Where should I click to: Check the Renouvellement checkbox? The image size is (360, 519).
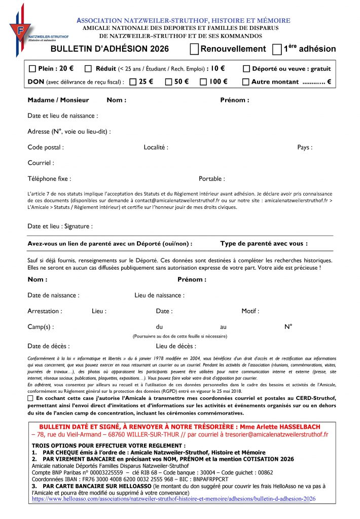(x=194, y=49)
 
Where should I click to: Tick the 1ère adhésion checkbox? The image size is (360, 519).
(x=277, y=49)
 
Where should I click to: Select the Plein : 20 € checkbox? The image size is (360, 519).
(x=33, y=69)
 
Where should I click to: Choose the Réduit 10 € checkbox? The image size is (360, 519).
(x=88, y=69)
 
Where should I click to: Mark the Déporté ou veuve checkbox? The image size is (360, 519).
(x=246, y=69)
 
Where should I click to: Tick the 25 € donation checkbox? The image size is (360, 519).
(x=133, y=82)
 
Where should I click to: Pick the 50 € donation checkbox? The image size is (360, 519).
(x=168, y=82)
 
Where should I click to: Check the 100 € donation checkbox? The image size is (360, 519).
(x=203, y=82)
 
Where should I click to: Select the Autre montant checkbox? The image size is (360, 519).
(x=246, y=82)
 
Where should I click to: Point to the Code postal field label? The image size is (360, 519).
(x=46, y=147)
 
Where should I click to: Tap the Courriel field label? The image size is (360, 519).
(x=41, y=163)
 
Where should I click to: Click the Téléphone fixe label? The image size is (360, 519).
(x=49, y=179)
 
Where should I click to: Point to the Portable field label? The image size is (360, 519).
(x=212, y=179)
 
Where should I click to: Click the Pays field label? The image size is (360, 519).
(x=305, y=147)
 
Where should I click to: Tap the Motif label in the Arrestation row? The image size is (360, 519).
(x=250, y=311)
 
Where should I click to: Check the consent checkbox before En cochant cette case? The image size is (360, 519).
(x=31, y=399)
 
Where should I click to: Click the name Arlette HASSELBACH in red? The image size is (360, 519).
(x=297, y=427)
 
